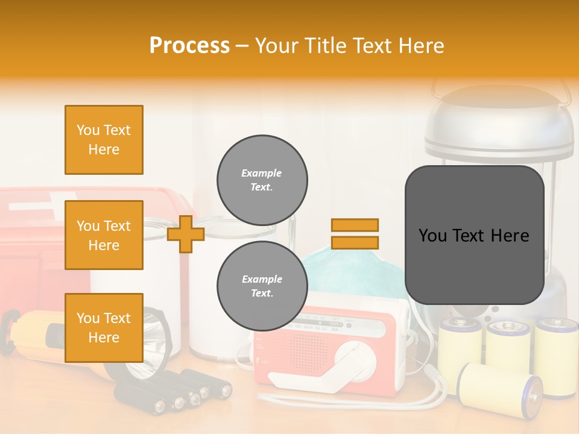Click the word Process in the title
click(189, 45)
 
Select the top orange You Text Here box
click(104, 140)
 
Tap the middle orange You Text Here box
click(104, 235)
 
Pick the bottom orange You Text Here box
click(104, 327)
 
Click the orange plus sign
click(185, 234)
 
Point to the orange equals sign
click(355, 234)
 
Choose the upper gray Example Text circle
click(262, 180)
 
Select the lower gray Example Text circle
click(262, 286)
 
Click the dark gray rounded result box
click(474, 235)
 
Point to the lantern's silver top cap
click(499, 118)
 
